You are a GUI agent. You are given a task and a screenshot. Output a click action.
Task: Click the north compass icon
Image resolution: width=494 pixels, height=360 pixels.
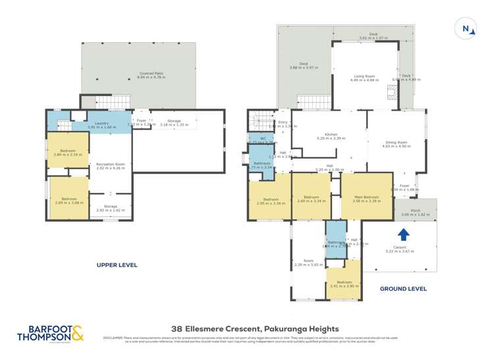pyautogui.click(x=466, y=28)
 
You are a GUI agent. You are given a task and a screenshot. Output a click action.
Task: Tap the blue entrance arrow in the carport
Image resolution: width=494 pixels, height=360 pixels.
pyautogui.click(x=404, y=234)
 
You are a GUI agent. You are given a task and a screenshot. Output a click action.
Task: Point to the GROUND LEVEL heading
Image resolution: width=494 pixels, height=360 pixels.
pyautogui.click(x=403, y=288)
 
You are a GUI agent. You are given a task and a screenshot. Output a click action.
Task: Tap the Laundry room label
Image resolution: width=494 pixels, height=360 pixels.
pyautogui.click(x=101, y=123)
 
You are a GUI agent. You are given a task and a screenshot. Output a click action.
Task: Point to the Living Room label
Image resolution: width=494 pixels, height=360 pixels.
pyautogui.click(x=364, y=76)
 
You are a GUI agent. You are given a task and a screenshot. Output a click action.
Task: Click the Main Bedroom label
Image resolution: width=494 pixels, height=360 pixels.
pyautogui.click(x=367, y=197)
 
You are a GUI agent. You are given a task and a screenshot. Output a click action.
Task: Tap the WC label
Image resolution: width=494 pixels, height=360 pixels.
pyautogui.click(x=262, y=138)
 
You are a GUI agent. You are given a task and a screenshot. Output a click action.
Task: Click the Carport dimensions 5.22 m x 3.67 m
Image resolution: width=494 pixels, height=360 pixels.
pyautogui.click(x=400, y=251)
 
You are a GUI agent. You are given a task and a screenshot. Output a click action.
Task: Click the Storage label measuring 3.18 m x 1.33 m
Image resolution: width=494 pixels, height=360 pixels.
pyautogui.click(x=174, y=122)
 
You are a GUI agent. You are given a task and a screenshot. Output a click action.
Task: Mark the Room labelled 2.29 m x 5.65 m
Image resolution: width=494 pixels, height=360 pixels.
pyautogui.click(x=308, y=261)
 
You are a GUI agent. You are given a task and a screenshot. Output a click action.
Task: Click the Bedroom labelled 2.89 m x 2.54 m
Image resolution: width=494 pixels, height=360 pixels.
pyautogui.click(x=68, y=151)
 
